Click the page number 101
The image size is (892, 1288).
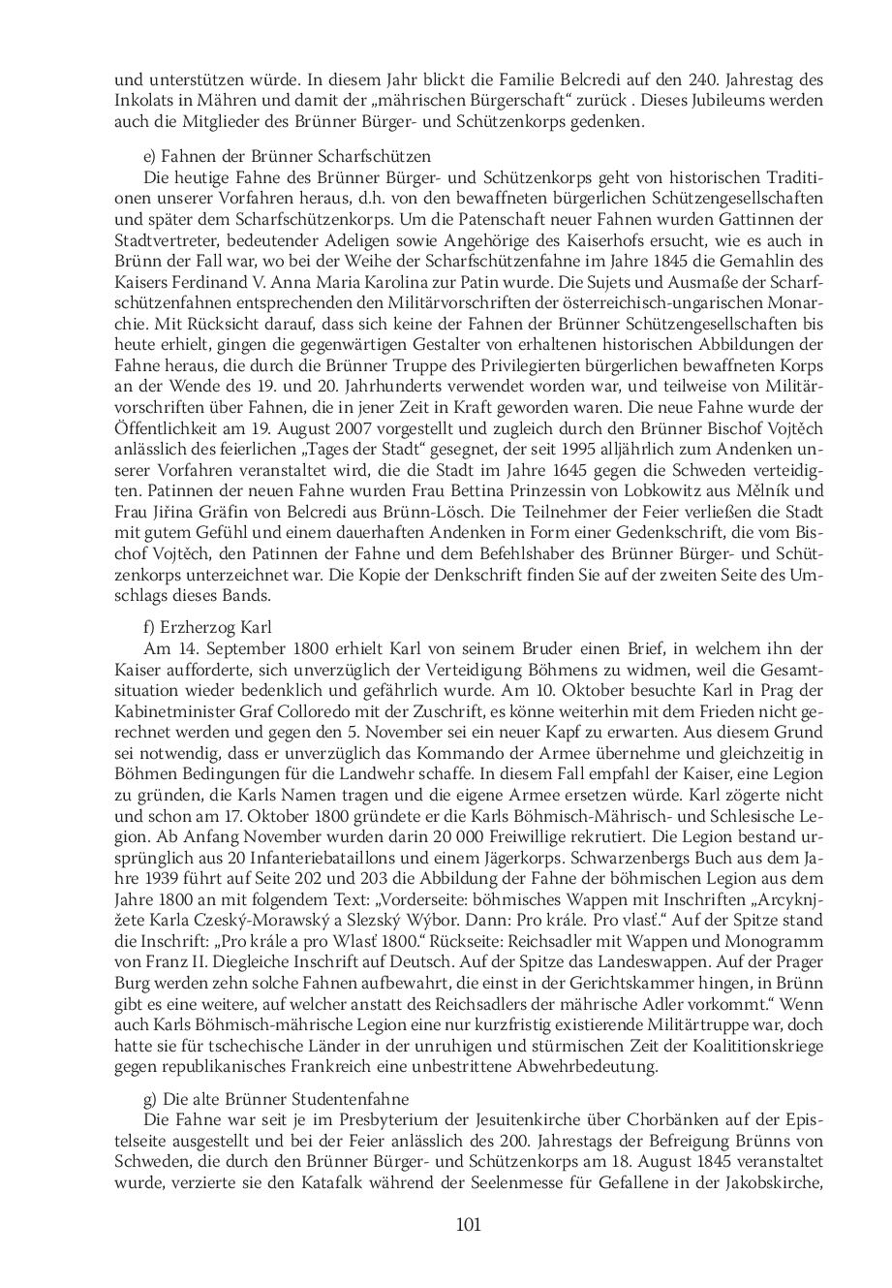pos(468,1225)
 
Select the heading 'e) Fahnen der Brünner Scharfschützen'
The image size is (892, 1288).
pos(287,156)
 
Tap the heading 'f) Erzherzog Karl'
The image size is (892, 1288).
pos(207,627)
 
